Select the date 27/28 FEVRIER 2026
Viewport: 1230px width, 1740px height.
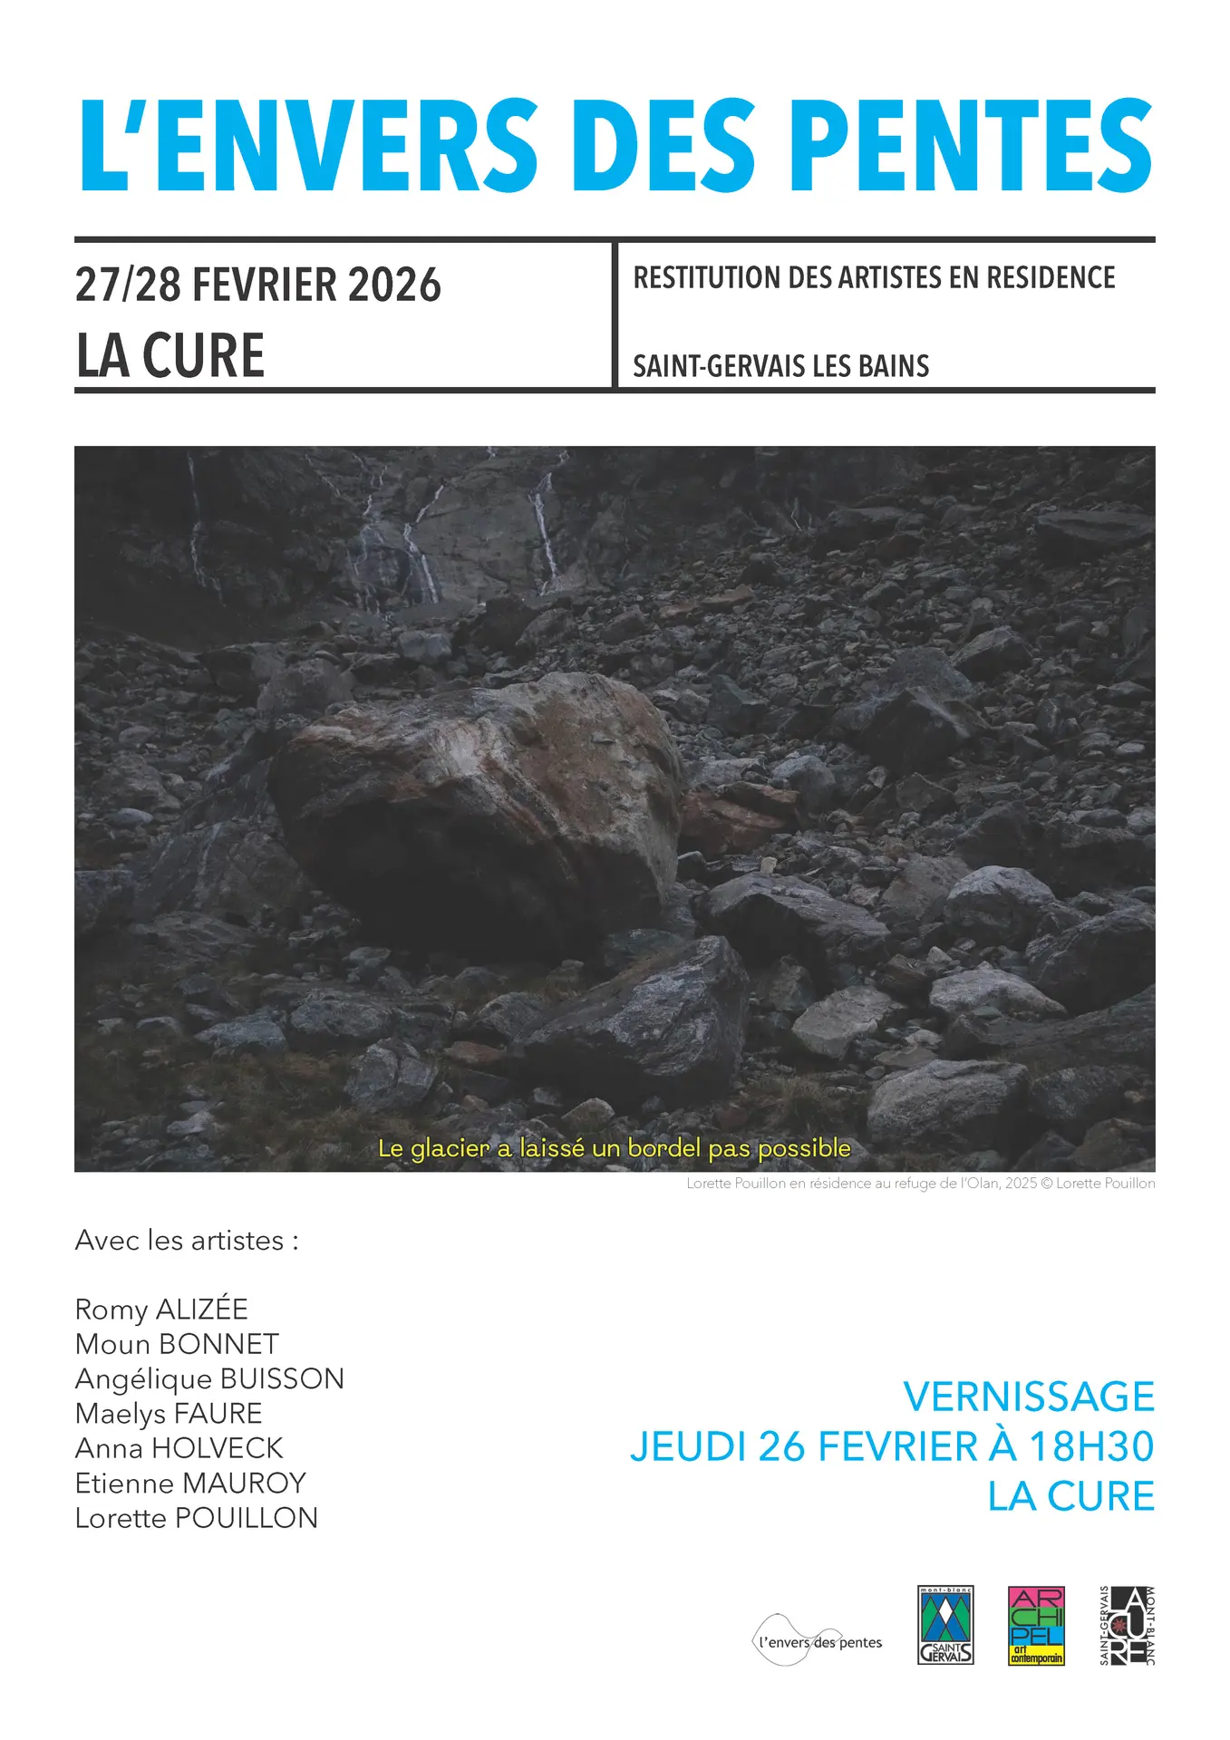(257, 285)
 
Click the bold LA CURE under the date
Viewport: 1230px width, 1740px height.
(170, 355)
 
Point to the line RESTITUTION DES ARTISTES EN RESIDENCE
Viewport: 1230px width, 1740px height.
(874, 277)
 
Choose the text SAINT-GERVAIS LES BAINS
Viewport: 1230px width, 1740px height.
(780, 366)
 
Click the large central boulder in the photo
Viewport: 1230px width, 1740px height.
(480, 807)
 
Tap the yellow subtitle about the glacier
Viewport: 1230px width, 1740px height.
(615, 1148)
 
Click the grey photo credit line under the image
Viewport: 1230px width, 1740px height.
(920, 1184)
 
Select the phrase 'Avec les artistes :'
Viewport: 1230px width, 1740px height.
(187, 1240)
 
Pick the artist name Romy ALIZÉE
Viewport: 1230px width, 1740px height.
(161, 1310)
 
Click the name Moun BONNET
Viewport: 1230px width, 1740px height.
(177, 1344)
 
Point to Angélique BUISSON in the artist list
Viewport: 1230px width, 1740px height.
(209, 1378)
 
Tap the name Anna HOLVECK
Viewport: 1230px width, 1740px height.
(179, 1448)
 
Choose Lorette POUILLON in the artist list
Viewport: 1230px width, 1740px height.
(197, 1518)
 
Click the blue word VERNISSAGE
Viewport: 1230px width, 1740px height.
(1029, 1397)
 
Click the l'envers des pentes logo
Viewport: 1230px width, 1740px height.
(818, 1642)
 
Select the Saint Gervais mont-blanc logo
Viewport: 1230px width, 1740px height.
(945, 1626)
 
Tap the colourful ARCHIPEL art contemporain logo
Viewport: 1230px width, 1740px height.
(1036, 1626)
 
